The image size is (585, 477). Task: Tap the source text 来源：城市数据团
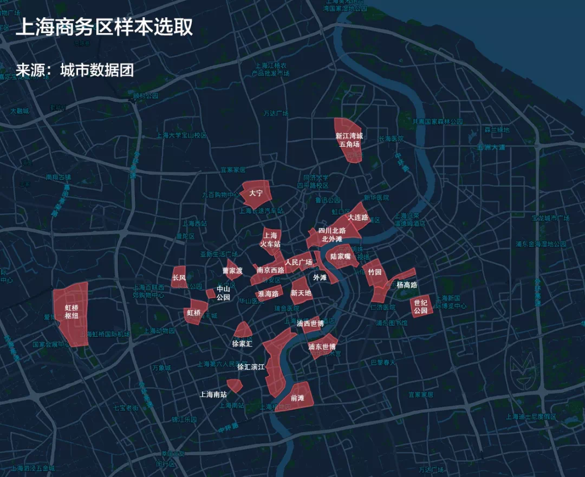[x=74, y=70]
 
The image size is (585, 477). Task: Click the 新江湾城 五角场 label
[x=349, y=140]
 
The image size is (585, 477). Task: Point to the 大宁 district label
[x=256, y=193]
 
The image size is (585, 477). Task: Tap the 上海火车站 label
[x=270, y=240]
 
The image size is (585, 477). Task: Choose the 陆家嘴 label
[x=341, y=256]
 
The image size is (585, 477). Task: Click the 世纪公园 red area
[x=421, y=306]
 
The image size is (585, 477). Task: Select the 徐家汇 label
[x=242, y=343]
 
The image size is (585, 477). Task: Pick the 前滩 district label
[x=297, y=398]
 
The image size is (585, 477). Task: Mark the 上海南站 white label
[x=213, y=394]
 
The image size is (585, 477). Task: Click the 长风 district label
[x=179, y=278]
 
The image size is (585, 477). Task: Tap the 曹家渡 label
[x=232, y=270]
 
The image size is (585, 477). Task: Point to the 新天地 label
[x=301, y=293]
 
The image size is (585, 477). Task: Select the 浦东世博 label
[x=322, y=347]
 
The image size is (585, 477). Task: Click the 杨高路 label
[x=407, y=284]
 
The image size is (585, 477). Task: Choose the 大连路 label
[x=357, y=217]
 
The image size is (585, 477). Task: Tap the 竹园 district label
[x=375, y=271]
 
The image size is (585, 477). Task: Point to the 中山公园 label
[x=223, y=293]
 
